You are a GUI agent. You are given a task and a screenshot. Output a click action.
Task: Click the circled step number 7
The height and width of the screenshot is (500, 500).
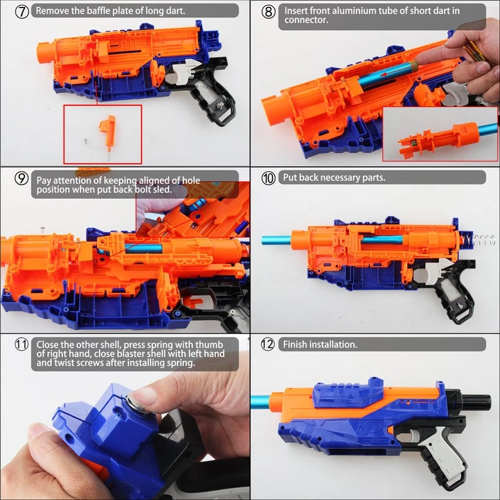coord(22,11)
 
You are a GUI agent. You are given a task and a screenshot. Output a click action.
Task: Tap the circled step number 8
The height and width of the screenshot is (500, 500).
coord(268,11)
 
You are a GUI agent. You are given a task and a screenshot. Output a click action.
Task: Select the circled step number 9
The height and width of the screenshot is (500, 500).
coord(22,179)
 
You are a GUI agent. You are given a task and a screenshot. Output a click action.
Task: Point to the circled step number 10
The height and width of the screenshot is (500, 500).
coord(268,178)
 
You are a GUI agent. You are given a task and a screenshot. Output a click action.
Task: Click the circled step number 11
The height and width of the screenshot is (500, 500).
coord(22,344)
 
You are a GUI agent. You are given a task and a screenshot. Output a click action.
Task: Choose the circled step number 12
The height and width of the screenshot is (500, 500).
coord(268,344)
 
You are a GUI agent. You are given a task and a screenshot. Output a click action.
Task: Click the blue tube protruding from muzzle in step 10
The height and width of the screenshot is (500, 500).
coord(277,240)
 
